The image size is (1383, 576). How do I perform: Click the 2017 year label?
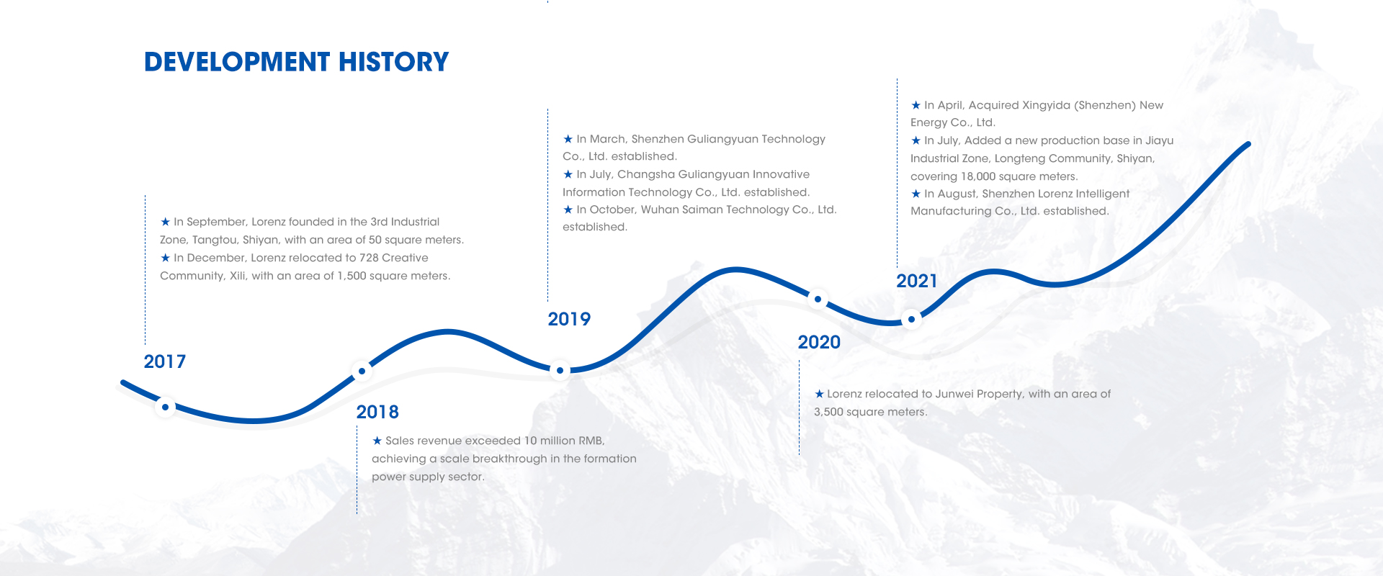164,361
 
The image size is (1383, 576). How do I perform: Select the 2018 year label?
377,412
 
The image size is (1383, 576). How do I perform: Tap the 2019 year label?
569,319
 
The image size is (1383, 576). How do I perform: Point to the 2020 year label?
819,342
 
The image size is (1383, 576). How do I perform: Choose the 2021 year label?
917,281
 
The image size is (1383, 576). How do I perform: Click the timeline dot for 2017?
165,408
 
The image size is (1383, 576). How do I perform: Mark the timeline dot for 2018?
362,371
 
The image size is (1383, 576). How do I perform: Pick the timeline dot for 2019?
560,371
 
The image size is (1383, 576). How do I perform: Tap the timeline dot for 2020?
818,299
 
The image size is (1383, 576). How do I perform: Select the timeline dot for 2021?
911,319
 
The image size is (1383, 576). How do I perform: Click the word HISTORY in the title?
393,62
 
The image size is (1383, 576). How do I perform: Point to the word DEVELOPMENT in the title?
237,62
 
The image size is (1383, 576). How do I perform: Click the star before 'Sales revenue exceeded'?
377,441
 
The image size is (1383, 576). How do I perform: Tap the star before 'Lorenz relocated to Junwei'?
819,394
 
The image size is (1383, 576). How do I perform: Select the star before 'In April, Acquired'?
916,105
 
